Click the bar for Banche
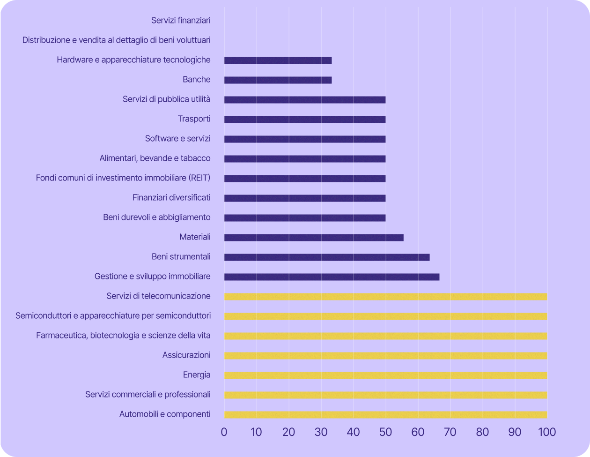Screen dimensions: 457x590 point(278,80)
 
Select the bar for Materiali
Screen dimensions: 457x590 point(314,238)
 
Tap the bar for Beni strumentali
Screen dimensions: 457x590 point(327,257)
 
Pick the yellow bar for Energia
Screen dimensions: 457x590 point(385,375)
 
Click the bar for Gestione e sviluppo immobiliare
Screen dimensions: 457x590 point(332,277)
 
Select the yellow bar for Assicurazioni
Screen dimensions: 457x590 point(385,356)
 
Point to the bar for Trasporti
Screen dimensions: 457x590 point(305,120)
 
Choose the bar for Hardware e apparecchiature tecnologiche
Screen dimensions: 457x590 point(278,60)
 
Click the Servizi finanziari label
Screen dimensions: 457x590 point(181,20)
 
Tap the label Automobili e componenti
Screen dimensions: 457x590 point(165,414)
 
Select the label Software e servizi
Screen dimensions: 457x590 point(177,138)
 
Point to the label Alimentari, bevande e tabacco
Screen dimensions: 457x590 point(155,158)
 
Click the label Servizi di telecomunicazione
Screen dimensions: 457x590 point(158,296)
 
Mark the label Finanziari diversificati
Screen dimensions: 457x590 point(171,197)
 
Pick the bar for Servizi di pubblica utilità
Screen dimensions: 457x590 point(305,100)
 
